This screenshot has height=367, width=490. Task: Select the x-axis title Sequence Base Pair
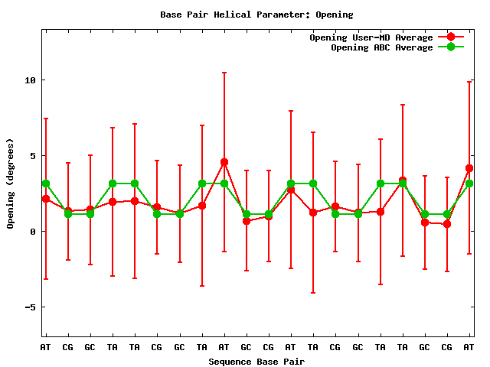256,361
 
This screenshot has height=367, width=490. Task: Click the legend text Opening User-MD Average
371,37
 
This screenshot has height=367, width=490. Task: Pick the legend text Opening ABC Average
382,47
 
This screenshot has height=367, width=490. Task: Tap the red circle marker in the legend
451,37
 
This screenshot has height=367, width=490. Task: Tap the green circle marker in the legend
451,47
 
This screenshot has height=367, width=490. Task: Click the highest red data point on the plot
224,162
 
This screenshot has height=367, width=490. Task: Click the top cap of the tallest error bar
224,73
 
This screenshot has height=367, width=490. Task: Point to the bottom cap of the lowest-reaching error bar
313,293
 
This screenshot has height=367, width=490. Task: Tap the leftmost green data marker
46,183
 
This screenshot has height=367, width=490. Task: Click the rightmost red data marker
469,168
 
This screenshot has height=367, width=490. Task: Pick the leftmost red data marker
46,199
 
